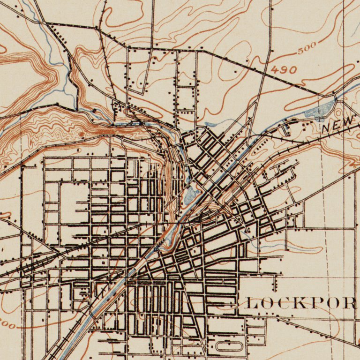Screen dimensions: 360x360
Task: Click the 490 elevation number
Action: (x=284, y=70)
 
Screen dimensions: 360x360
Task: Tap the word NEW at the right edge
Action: (x=337, y=124)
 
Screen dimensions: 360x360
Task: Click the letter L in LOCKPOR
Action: (x=252, y=303)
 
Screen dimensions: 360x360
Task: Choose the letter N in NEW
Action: (x=326, y=127)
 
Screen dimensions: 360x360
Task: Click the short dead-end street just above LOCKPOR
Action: (x=275, y=284)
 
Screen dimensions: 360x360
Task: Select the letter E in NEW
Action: (x=337, y=124)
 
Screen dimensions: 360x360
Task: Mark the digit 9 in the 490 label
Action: (x=284, y=70)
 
